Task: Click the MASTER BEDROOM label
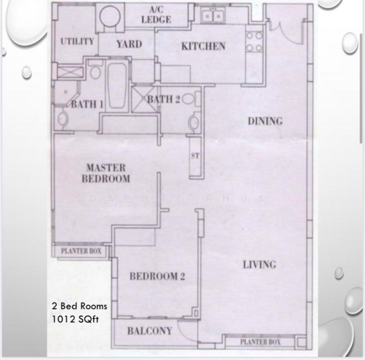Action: pos(106,173)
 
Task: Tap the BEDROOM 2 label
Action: pos(157,277)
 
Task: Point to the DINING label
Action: pos(265,122)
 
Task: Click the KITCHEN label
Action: pos(203,47)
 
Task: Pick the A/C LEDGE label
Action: pos(157,15)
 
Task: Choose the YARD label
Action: pos(129,45)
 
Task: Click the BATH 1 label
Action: pos(88,104)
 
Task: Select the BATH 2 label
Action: pos(163,100)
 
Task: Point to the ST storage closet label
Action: pos(195,157)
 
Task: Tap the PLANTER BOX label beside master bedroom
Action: pos(82,251)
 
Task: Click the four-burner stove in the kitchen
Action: pos(253,42)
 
